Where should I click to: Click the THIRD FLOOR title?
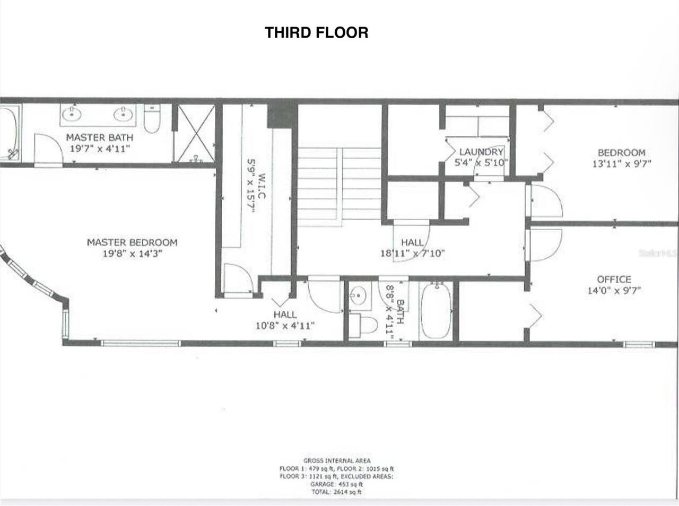point(316,32)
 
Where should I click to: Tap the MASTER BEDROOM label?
point(132,242)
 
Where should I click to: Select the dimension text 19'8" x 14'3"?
point(132,254)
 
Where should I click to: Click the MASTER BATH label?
point(100,137)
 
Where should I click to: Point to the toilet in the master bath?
point(152,119)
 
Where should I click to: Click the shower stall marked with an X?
point(195,133)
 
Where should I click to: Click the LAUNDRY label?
point(481,152)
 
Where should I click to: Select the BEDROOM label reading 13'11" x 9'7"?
point(621,153)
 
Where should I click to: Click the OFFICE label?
point(614,279)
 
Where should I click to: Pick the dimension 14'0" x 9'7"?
point(614,290)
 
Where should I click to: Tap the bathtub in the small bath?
point(436,311)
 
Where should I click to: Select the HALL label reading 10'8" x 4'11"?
point(285,315)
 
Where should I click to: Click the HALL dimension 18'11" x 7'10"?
point(412,254)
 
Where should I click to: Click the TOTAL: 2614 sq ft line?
point(336,492)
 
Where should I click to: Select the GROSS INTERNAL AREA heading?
point(336,461)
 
